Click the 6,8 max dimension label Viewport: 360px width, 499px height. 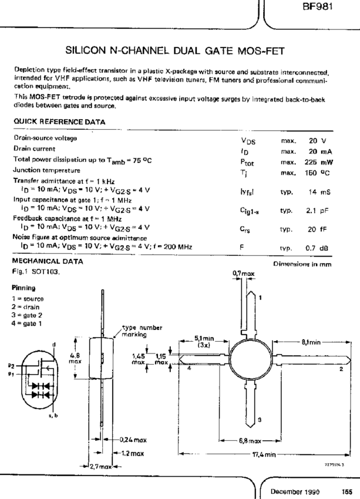253,440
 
